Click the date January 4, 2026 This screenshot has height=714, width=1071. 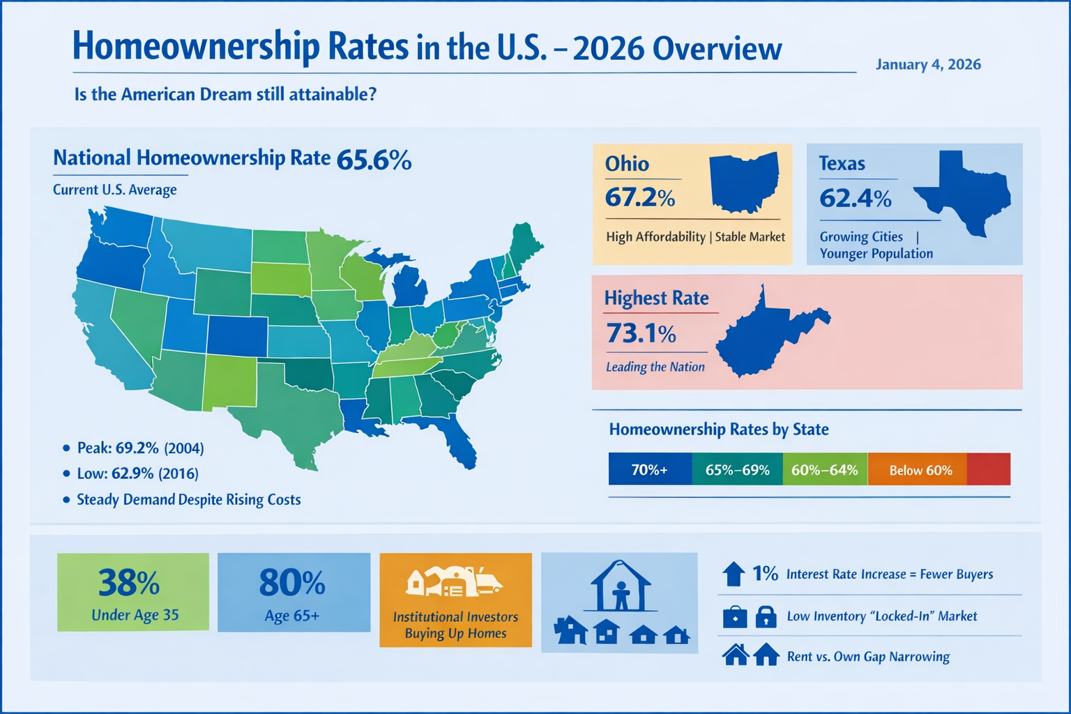[x=928, y=65]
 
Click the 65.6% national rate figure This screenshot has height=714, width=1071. [x=374, y=160]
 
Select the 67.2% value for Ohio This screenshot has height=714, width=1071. [x=639, y=198]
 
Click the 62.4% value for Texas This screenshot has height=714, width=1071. [x=855, y=199]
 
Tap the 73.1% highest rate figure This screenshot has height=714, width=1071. [x=641, y=334]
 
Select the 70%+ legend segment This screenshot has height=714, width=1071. [x=650, y=470]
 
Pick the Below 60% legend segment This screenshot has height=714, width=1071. [x=920, y=470]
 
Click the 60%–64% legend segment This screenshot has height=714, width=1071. [x=824, y=470]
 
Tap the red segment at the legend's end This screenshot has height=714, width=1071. [x=989, y=469]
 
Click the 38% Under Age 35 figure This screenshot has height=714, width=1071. [x=129, y=583]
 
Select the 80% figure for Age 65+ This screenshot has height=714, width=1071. [x=292, y=583]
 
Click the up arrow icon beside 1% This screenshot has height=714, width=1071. [x=734, y=574]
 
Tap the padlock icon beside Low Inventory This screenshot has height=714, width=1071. [x=766, y=616]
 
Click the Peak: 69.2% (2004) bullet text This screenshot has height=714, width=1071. [x=140, y=448]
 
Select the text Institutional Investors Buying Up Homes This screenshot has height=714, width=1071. [x=455, y=625]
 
